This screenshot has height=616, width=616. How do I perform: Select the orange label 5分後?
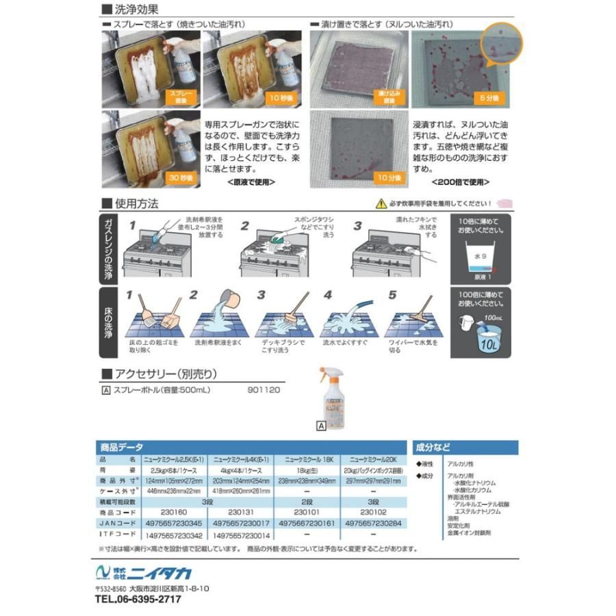pos(489,98)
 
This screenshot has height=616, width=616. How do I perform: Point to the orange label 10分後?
pos(387,176)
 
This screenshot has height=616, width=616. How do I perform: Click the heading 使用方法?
pos(136,203)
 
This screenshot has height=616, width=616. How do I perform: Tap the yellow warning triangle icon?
pos(382,203)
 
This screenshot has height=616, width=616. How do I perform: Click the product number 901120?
pos(263,390)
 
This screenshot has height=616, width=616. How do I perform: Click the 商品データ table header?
pos(123,446)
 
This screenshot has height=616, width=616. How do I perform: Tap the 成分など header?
pos(433,447)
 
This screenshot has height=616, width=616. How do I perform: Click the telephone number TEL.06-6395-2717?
pos(138,599)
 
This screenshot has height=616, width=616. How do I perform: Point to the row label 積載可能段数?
pos(119,502)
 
